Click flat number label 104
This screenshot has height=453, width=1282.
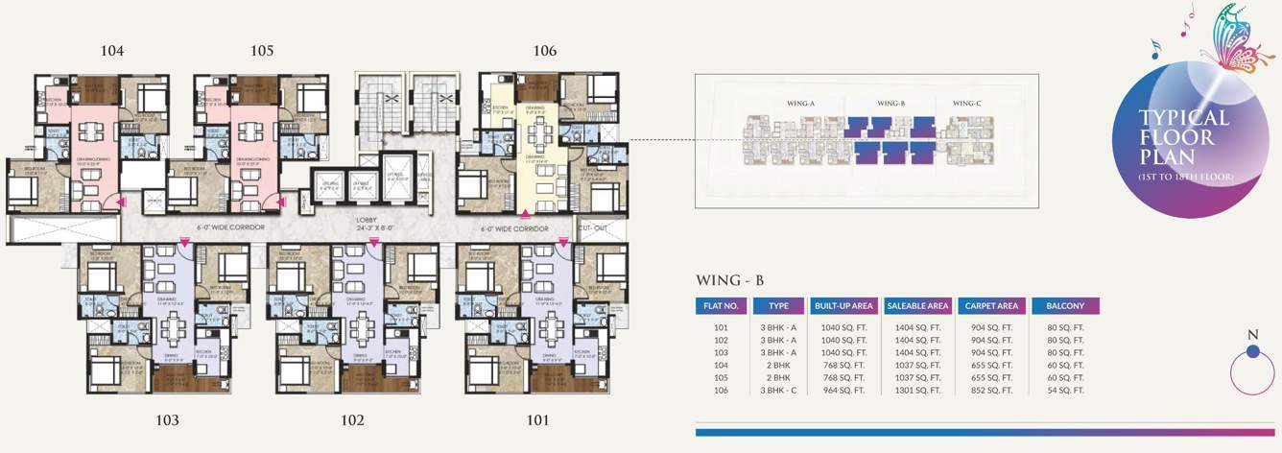112,51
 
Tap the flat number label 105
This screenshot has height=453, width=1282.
262,51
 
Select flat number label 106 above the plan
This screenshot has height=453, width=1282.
544,51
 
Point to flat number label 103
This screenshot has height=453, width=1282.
167,419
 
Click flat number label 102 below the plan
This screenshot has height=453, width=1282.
352,419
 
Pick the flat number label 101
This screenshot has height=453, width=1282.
537,419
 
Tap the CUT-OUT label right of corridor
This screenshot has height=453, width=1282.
592,228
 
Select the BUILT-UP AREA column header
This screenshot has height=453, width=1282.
843,306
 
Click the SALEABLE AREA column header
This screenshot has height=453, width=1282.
917,306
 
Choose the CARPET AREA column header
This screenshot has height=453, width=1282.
991,306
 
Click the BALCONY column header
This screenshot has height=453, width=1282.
1065,306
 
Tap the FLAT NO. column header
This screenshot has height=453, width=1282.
721,306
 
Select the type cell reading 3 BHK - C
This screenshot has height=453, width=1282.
778,391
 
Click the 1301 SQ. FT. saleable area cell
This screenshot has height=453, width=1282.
917,391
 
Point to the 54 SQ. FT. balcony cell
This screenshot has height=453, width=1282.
1065,391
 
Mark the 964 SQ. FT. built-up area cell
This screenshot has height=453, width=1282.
843,391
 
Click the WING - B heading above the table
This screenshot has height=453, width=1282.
729,281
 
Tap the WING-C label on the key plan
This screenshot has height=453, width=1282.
965,103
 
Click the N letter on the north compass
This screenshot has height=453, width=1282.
1252,335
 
